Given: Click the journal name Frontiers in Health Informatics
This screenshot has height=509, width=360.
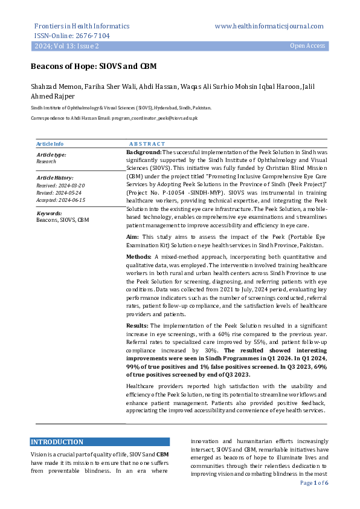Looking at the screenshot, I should [82, 27].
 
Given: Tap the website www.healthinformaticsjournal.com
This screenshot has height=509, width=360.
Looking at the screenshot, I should [269, 27].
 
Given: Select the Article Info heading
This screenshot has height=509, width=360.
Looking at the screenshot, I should [50, 144].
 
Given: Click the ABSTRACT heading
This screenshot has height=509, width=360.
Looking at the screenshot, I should [147, 144].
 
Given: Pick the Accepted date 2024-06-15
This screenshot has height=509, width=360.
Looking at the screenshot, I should [61, 199].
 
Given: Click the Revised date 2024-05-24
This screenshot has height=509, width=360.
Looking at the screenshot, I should [59, 192].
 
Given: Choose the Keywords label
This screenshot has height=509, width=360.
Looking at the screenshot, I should [50, 213].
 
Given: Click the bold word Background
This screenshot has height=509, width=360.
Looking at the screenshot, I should [143, 154].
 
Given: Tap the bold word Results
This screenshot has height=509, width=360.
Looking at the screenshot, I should [138, 326].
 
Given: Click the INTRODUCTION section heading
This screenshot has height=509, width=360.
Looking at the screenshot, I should [57, 442].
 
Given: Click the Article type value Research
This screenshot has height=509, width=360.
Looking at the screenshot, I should [47, 162].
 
